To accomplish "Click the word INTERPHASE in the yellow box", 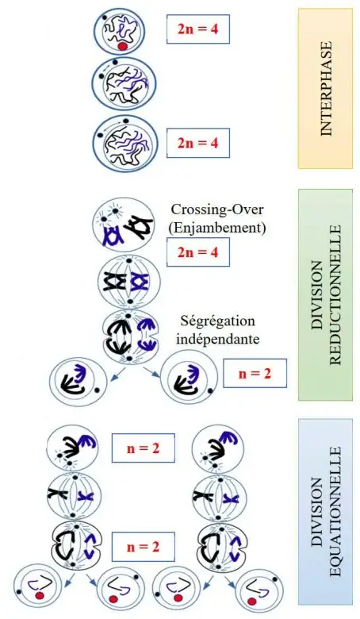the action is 326,89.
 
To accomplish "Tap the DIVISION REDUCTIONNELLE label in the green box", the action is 326,295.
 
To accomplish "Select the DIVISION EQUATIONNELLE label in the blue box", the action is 326,512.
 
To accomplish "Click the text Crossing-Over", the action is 216,210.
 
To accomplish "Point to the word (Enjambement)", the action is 216,228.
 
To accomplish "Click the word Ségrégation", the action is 217,321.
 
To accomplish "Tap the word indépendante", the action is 217,339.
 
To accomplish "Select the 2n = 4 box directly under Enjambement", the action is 198,252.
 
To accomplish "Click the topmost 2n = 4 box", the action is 198,29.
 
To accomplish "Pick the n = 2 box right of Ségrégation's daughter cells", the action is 255,373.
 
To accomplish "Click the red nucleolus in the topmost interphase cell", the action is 122,47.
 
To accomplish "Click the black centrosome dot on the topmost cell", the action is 105,17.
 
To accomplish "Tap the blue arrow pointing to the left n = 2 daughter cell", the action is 119,375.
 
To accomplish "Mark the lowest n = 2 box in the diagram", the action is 143,547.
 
